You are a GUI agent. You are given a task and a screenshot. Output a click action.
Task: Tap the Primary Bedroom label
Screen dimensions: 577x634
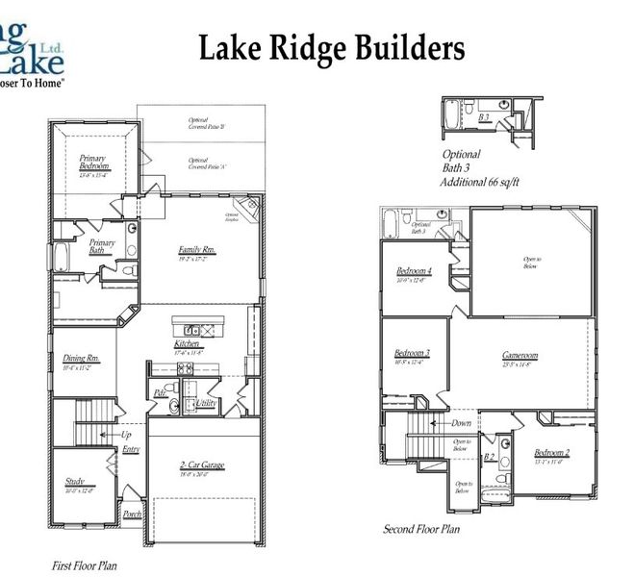[95, 165]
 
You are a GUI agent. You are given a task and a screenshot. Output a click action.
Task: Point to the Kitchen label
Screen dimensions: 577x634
[187, 343]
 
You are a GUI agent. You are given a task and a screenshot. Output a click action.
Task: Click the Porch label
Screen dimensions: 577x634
[132, 514]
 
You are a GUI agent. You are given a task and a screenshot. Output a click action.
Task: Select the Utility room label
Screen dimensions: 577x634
[205, 403]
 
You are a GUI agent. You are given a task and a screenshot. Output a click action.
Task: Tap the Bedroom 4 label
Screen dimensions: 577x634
[414, 272]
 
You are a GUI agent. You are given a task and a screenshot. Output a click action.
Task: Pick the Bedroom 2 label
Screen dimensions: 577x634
[552, 452]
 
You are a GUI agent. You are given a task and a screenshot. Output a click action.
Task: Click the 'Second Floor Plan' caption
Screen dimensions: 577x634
[421, 529]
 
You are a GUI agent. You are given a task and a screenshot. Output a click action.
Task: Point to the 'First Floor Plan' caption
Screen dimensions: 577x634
[84, 565]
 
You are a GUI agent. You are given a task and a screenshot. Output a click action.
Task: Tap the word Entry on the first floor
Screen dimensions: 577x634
[131, 449]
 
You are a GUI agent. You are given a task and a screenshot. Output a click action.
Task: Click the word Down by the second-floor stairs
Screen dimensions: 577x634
[461, 422]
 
